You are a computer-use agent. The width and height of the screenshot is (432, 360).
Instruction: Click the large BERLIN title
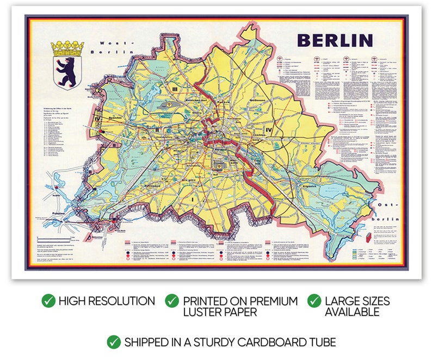(335, 40)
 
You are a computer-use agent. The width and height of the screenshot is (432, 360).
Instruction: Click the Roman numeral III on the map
(175, 89)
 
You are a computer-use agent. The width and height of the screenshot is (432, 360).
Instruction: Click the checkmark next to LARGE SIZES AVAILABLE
(314, 301)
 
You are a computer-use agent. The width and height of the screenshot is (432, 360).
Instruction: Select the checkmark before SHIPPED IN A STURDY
(114, 342)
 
